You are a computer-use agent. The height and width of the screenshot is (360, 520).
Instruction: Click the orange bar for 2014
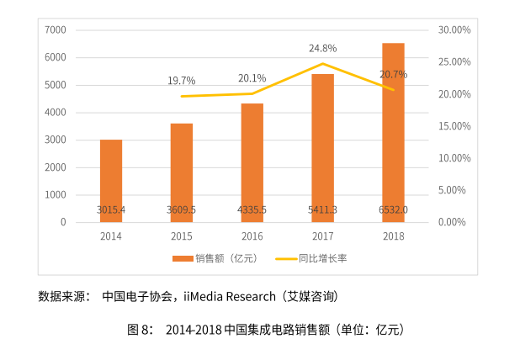pyautogui.click(x=111, y=180)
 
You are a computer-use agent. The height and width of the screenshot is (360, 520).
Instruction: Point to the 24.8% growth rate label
pyautogui.click(x=322, y=48)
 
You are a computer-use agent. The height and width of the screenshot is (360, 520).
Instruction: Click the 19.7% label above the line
pyautogui.click(x=181, y=81)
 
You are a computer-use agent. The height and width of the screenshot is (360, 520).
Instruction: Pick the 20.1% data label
pyautogui.click(x=252, y=78)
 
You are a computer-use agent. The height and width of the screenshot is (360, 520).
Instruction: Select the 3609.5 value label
pyautogui.click(x=181, y=209)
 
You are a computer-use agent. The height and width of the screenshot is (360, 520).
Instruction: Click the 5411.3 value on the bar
pyautogui.click(x=322, y=209)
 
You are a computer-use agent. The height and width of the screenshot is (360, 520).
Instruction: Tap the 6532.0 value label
pyautogui.click(x=393, y=209)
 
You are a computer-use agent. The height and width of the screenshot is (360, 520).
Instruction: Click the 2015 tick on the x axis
pyautogui.click(x=181, y=236)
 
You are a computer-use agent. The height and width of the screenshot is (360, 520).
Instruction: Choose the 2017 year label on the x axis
pyautogui.click(x=322, y=236)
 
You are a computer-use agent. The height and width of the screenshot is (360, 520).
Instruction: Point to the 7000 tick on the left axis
pyautogui.click(x=56, y=29)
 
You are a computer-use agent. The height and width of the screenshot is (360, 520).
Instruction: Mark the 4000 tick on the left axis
pyautogui.click(x=56, y=113)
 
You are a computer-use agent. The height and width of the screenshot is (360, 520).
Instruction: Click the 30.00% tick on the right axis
pyautogui.click(x=454, y=29)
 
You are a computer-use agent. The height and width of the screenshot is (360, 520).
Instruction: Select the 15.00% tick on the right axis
pyautogui.click(x=454, y=126)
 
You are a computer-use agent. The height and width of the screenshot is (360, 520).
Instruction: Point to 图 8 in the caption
pyautogui.click(x=140, y=329)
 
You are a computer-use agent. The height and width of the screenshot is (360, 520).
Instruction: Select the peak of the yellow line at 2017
pyautogui.click(x=322, y=64)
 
